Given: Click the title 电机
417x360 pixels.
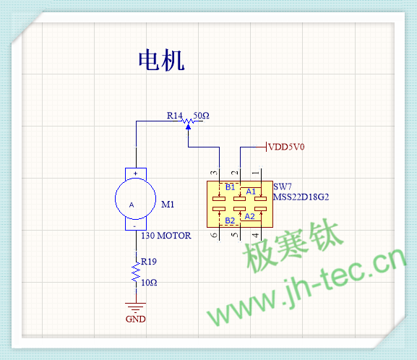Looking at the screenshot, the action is pyautogui.click(x=161, y=60).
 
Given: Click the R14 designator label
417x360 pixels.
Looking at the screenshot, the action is pyautogui.click(x=174, y=116).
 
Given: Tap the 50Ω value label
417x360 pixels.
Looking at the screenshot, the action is pyautogui.click(x=201, y=116).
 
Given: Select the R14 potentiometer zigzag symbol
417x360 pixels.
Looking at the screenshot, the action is pyautogui.click(x=189, y=121).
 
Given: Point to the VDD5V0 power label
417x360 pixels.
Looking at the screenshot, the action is pyautogui.click(x=286, y=147).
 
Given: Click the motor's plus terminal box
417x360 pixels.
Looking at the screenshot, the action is pyautogui.click(x=136, y=173).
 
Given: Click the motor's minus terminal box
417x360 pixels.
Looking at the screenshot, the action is pyautogui.click(x=136, y=225).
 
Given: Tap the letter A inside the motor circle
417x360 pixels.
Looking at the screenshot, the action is pyautogui.click(x=132, y=205).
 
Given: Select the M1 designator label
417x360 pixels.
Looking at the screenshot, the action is pyautogui.click(x=168, y=205).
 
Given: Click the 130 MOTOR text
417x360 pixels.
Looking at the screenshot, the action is pyautogui.click(x=166, y=236).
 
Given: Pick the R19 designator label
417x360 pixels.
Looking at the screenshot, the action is pyautogui.click(x=149, y=262).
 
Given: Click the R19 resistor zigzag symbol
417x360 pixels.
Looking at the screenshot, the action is pyautogui.click(x=136, y=273).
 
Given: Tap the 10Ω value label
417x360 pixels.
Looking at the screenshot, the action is pyautogui.click(x=149, y=283).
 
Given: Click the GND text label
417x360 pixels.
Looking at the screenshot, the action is pyautogui.click(x=136, y=319).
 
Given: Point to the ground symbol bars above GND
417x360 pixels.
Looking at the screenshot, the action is pyautogui.click(x=136, y=307).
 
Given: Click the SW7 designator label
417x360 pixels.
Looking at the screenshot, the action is pyautogui.click(x=283, y=187).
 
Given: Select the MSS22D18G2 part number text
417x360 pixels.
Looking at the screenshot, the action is pyautogui.click(x=301, y=197).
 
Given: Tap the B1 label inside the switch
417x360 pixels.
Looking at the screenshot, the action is pyautogui.click(x=230, y=187).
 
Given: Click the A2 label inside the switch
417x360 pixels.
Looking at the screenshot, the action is pyautogui.click(x=250, y=217).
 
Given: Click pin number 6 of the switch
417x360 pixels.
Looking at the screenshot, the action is pyautogui.click(x=214, y=235).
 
